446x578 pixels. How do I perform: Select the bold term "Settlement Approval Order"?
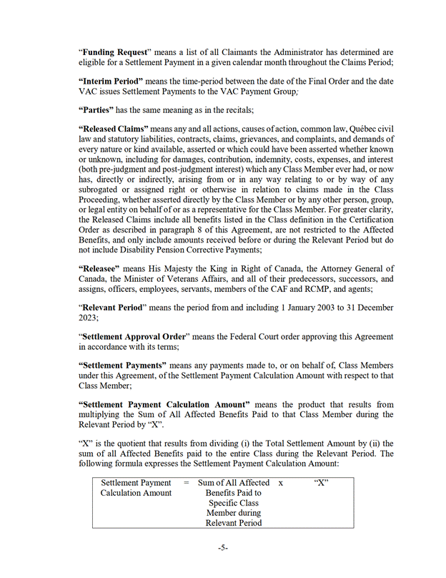pos(136,337)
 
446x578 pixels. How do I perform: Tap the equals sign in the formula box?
pos(186,483)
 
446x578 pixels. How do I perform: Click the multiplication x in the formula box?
pos(281,483)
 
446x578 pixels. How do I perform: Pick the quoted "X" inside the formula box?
pos(321,483)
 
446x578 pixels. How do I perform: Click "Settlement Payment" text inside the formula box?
pos(136,483)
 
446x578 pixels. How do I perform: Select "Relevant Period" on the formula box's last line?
pos(233,523)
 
